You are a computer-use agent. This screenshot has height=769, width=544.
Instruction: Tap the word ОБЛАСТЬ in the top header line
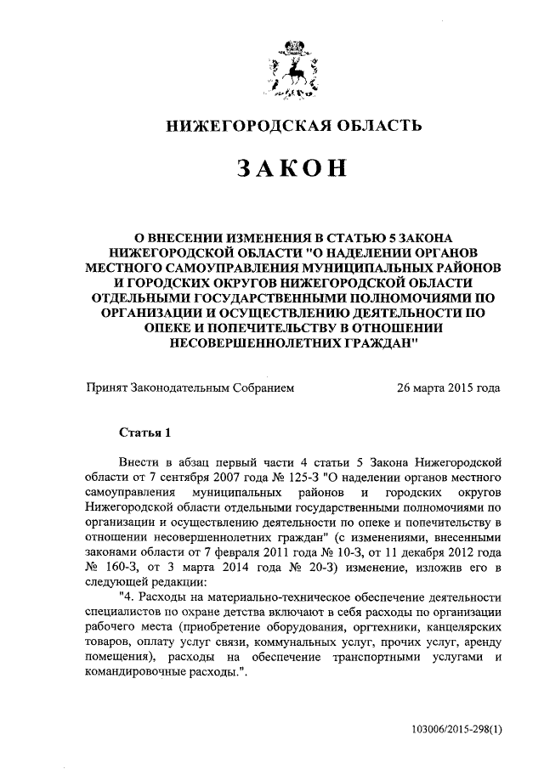click(370, 127)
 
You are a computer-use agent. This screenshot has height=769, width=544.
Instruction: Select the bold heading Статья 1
click(144, 431)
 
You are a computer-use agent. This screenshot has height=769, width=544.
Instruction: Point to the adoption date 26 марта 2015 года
click(448, 389)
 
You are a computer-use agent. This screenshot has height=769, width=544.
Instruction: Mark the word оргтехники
click(375, 627)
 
